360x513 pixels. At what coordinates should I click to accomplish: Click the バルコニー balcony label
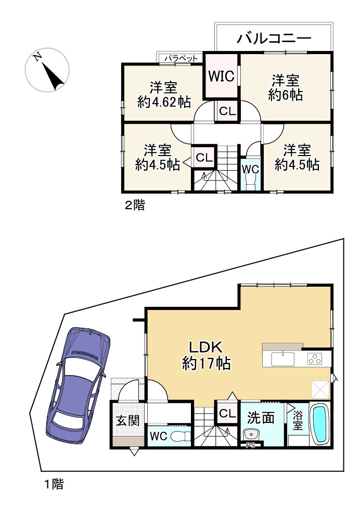(x=274, y=39)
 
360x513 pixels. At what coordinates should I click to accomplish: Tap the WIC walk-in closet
(x=221, y=75)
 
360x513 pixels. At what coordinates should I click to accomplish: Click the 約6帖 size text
(x=286, y=95)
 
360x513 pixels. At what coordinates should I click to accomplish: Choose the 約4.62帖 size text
(x=164, y=102)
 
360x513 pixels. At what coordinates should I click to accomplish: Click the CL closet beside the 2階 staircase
(x=204, y=158)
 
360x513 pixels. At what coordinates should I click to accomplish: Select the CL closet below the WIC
(x=227, y=111)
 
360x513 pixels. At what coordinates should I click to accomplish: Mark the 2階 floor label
(x=135, y=206)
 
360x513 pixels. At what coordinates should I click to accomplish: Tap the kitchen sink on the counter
(x=282, y=359)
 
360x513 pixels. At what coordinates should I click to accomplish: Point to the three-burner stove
(x=315, y=359)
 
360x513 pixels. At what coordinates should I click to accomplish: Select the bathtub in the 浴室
(x=320, y=424)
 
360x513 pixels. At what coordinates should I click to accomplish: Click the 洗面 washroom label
(x=261, y=418)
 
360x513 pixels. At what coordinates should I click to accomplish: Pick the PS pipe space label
(x=251, y=445)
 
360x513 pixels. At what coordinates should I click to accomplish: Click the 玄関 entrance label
(x=128, y=421)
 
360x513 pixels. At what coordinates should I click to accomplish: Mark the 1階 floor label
(x=54, y=484)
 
